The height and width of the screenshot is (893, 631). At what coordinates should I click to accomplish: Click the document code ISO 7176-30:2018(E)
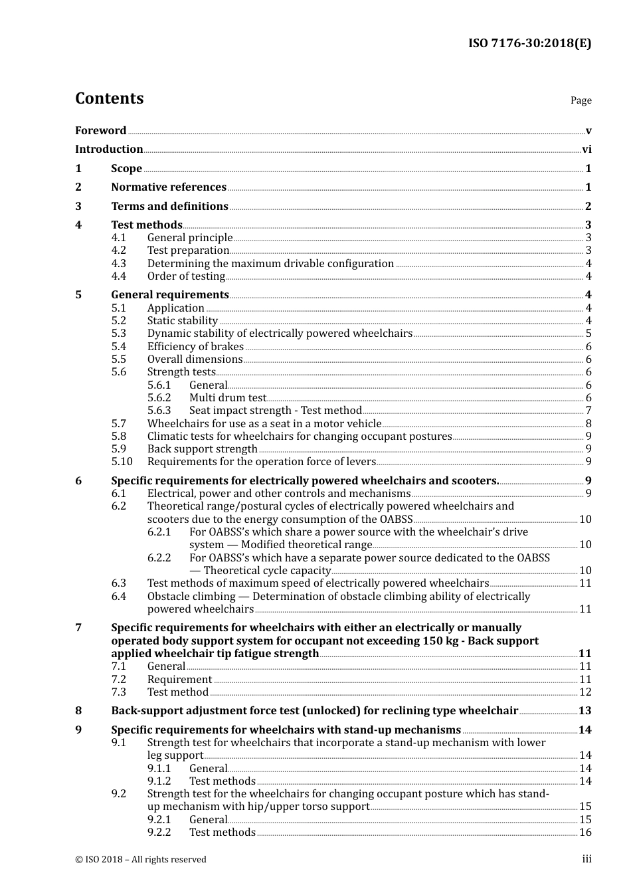529,43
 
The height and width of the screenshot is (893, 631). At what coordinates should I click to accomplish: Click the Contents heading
109,98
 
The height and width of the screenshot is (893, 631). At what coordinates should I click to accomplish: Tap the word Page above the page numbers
581,100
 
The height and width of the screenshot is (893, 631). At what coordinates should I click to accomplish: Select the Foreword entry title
100,131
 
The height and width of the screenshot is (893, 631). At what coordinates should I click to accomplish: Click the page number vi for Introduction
586,149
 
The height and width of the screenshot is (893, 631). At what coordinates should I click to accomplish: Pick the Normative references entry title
169,187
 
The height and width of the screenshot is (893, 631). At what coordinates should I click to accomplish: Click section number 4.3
119,264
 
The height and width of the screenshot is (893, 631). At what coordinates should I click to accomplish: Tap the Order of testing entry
186,276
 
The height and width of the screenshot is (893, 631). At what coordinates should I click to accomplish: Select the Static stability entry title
182,321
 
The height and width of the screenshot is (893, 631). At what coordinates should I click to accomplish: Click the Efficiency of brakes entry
195,347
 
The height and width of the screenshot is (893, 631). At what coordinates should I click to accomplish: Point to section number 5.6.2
159,398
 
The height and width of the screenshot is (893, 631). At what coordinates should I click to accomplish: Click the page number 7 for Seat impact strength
588,411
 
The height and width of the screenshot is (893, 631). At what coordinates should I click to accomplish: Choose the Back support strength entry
202,449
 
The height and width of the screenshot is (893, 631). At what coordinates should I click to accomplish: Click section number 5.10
122,462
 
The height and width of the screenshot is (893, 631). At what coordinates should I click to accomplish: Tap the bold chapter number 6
78,481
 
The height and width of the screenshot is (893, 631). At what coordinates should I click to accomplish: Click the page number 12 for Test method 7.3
585,692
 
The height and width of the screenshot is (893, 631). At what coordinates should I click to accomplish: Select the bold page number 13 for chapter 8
585,711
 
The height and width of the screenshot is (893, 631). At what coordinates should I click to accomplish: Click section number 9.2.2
159,833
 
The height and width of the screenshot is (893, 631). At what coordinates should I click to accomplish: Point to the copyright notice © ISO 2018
141,860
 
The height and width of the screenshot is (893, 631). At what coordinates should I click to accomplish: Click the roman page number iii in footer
586,860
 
